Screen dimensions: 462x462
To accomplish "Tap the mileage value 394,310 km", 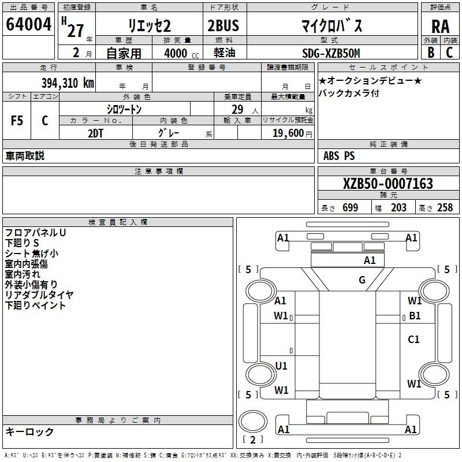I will tap(68, 83).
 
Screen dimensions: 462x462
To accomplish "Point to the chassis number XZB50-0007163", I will tap(388, 184).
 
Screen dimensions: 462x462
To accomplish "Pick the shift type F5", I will tap(17, 121).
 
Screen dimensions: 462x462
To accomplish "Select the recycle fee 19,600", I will tap(287, 133).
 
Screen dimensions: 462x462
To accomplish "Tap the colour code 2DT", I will tap(96, 133).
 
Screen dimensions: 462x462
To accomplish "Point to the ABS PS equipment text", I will tap(339, 156).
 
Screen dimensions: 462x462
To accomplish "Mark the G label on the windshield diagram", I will tap(362, 280).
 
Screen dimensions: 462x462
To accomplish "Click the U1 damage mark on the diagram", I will tap(281, 366).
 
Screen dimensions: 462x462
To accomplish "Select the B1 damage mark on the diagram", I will tap(415, 316).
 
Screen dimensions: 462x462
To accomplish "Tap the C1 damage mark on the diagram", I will tap(413, 340).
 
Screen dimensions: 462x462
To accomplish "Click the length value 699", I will tap(350, 208).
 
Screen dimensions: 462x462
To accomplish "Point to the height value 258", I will tap(445, 208).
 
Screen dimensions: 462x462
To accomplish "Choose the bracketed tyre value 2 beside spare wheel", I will tap(252, 439).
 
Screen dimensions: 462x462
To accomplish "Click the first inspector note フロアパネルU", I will tap(35, 233).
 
